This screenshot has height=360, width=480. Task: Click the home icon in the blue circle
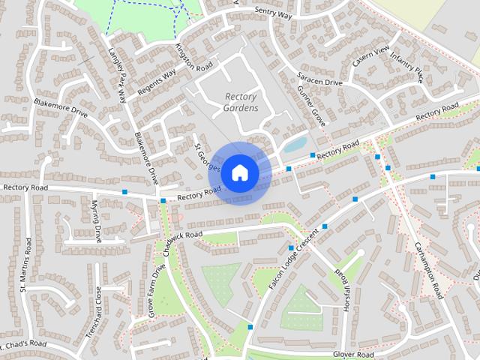(x=239, y=172)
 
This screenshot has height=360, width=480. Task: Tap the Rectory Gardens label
(x=241, y=102)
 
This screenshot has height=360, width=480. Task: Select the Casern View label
(x=370, y=57)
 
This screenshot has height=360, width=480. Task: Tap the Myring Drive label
(x=96, y=221)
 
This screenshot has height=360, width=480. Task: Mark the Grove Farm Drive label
(x=157, y=291)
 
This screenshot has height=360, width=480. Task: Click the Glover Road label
(x=353, y=354)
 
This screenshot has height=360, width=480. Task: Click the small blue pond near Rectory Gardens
(x=295, y=143)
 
